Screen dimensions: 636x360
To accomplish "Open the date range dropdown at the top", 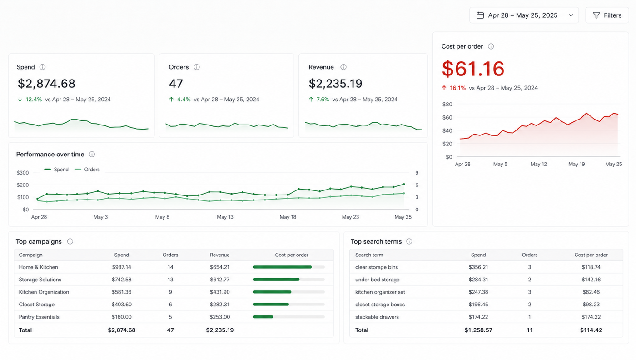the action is [x=524, y=15].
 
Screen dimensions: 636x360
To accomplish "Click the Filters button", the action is [x=607, y=15].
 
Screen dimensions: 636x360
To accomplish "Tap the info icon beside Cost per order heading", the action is [x=491, y=46].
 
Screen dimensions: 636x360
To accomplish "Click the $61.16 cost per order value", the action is [x=473, y=69].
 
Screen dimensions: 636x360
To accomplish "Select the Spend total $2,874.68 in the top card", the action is [x=46, y=84].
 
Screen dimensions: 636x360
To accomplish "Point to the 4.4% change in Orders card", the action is [x=184, y=100].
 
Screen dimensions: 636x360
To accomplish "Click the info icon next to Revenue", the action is [x=343, y=67].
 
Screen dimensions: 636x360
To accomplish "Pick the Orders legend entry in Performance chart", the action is [x=87, y=170].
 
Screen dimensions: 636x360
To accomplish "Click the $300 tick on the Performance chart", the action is [x=23, y=173].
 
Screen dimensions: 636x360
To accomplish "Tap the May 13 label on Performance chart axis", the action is [x=225, y=217].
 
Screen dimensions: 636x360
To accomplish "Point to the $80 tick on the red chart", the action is [x=447, y=104].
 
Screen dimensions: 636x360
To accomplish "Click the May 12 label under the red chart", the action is [x=539, y=164].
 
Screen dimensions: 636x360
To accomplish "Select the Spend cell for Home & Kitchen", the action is [x=122, y=267].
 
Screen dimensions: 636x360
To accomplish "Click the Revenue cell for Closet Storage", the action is [x=219, y=304].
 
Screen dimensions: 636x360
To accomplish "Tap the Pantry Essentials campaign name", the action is [x=39, y=317].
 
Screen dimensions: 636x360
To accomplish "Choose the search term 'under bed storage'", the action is [x=378, y=280].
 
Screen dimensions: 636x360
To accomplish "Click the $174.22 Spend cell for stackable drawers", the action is [x=478, y=317].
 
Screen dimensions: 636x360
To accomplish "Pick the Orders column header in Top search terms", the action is [x=530, y=255].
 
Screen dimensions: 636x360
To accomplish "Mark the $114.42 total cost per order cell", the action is [x=591, y=330].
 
